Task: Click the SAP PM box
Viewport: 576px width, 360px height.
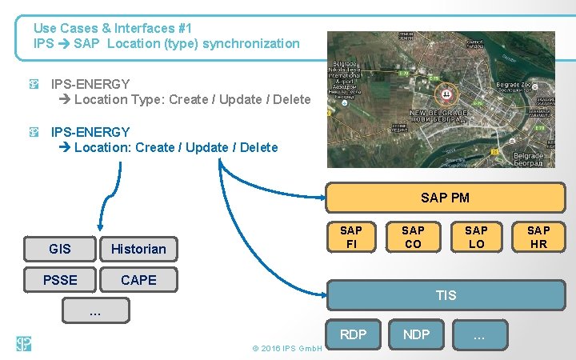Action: [x=445, y=198]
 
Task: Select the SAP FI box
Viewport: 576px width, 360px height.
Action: [x=350, y=237]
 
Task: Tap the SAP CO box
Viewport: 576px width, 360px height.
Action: [x=413, y=237]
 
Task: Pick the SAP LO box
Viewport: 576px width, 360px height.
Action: [x=476, y=237]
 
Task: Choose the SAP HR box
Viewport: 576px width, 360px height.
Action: [x=538, y=237]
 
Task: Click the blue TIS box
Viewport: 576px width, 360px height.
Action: [x=446, y=295]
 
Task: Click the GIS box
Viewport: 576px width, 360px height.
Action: [x=60, y=249]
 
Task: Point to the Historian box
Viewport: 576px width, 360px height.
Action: [x=138, y=249]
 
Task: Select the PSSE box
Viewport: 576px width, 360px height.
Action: [x=60, y=280]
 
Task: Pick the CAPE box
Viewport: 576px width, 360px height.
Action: [x=138, y=280]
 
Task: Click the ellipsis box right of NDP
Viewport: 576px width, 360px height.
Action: [x=479, y=335]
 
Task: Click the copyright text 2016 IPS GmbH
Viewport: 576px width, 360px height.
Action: [x=286, y=349]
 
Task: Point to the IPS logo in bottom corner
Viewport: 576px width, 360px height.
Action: [x=23, y=344]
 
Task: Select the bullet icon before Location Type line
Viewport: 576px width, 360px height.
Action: [x=34, y=83]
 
